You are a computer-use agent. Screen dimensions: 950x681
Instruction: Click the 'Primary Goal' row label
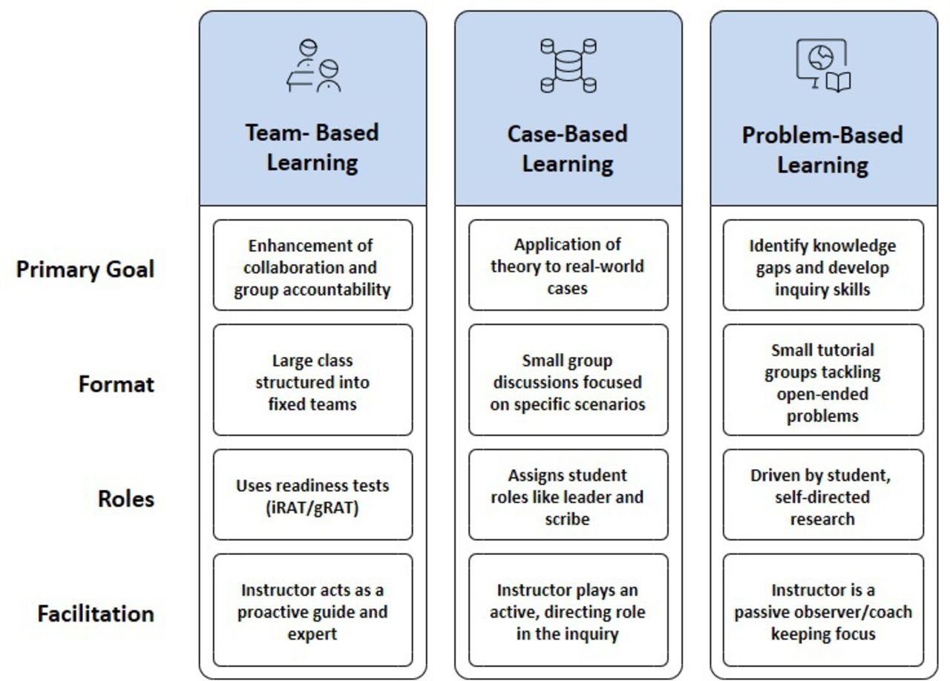click(85, 270)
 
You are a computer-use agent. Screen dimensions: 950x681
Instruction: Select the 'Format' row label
click(117, 384)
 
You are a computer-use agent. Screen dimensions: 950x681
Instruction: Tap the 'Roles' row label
click(126, 499)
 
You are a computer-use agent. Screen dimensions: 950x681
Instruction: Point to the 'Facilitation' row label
click(96, 613)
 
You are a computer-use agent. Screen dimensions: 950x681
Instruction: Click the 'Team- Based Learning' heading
click(312, 148)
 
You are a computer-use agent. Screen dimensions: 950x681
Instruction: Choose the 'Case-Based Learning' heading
click(568, 149)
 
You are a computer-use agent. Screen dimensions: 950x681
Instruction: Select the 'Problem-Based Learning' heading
click(823, 150)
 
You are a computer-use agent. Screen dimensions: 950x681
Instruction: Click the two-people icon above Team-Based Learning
click(313, 66)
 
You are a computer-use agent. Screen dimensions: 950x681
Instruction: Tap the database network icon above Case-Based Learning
click(569, 66)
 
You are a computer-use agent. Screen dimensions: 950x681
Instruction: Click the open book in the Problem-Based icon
click(838, 82)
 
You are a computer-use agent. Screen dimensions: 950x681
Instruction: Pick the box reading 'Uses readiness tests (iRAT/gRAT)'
click(313, 495)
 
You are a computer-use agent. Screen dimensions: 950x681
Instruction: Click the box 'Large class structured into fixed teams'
click(313, 380)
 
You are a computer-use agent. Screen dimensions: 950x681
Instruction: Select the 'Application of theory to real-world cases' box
click(569, 265)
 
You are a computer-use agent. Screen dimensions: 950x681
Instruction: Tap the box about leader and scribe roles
click(569, 495)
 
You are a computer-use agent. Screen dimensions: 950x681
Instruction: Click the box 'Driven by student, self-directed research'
click(823, 495)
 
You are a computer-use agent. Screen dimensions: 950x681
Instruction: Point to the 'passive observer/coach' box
click(823, 611)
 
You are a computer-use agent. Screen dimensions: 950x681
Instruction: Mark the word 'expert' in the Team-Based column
click(312, 634)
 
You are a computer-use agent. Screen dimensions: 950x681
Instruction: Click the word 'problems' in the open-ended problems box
click(823, 416)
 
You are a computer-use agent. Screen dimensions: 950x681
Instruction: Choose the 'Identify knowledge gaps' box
click(823, 265)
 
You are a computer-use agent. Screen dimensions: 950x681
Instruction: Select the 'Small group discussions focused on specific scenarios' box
click(569, 380)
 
